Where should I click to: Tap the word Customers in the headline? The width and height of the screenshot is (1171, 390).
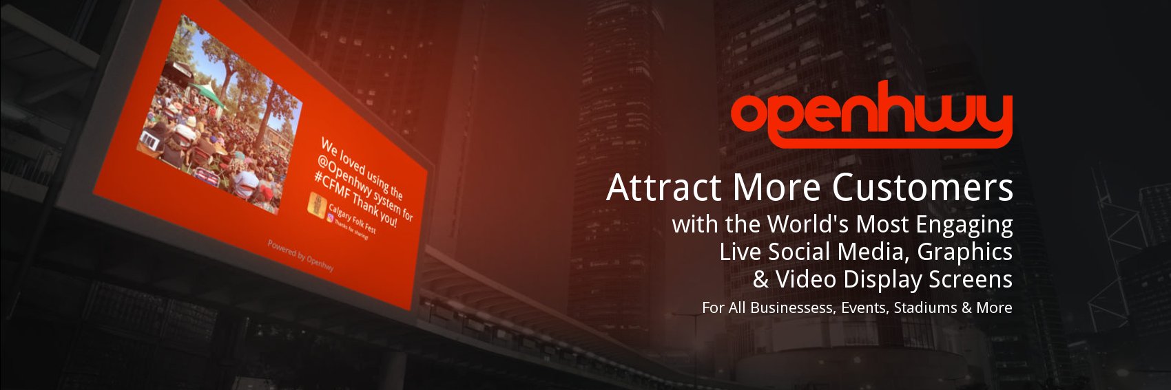pos(922,188)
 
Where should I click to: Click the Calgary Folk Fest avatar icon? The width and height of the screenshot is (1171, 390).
pos(317,205)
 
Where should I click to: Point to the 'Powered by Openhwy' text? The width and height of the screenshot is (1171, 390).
pos(300,255)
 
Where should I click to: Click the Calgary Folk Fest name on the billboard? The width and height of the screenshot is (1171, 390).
pos(352,219)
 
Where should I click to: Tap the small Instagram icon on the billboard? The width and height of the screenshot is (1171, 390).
pos(331,218)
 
